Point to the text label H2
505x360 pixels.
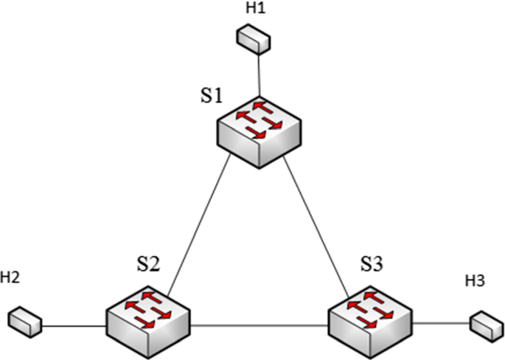tap(10, 278)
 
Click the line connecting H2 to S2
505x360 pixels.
tap(74, 323)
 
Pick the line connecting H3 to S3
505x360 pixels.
tap(441, 322)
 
